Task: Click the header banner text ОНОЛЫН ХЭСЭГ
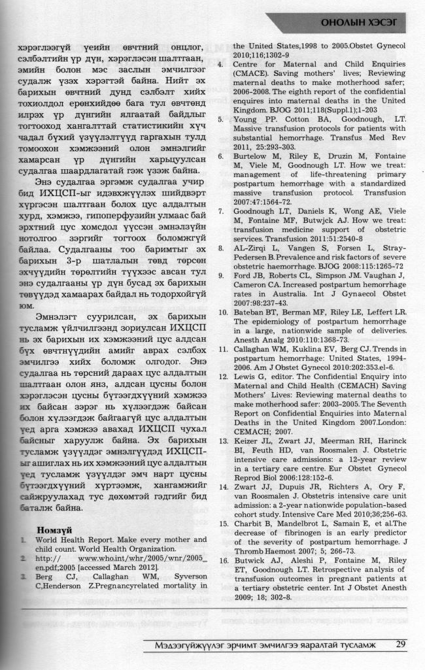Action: click(x=360, y=25)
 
